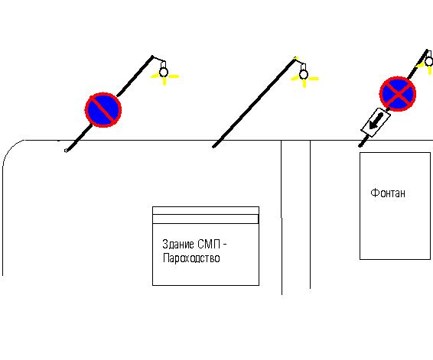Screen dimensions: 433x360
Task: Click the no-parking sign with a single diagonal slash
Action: click(x=103, y=110)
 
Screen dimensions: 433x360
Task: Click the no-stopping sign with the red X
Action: click(x=398, y=94)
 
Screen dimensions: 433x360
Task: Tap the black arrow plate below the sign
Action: click(x=376, y=122)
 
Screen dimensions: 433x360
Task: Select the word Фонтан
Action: click(x=388, y=193)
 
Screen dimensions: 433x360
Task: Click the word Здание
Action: click(x=178, y=244)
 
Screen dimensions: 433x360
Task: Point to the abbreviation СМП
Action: click(x=209, y=244)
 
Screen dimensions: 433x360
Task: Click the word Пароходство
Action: click(x=191, y=258)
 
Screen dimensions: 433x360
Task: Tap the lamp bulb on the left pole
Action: click(x=164, y=73)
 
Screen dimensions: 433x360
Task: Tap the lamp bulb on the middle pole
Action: click(x=304, y=74)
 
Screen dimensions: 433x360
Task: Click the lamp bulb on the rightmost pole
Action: click(x=429, y=61)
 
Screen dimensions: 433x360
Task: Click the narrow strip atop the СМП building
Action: click(x=206, y=219)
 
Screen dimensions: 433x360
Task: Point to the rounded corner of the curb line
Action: click(x=11, y=148)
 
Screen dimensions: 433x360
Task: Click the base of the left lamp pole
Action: click(x=67, y=150)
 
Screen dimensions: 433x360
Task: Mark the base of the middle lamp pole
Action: click(x=213, y=147)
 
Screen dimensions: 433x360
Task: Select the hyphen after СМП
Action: click(x=224, y=244)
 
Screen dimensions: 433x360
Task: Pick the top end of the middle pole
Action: click(x=295, y=59)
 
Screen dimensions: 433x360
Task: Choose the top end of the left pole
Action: click(x=152, y=57)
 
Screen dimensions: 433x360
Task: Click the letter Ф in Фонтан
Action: click(x=374, y=193)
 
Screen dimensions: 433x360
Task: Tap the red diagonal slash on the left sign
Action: click(x=103, y=110)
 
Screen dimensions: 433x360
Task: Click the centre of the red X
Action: click(x=398, y=94)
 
